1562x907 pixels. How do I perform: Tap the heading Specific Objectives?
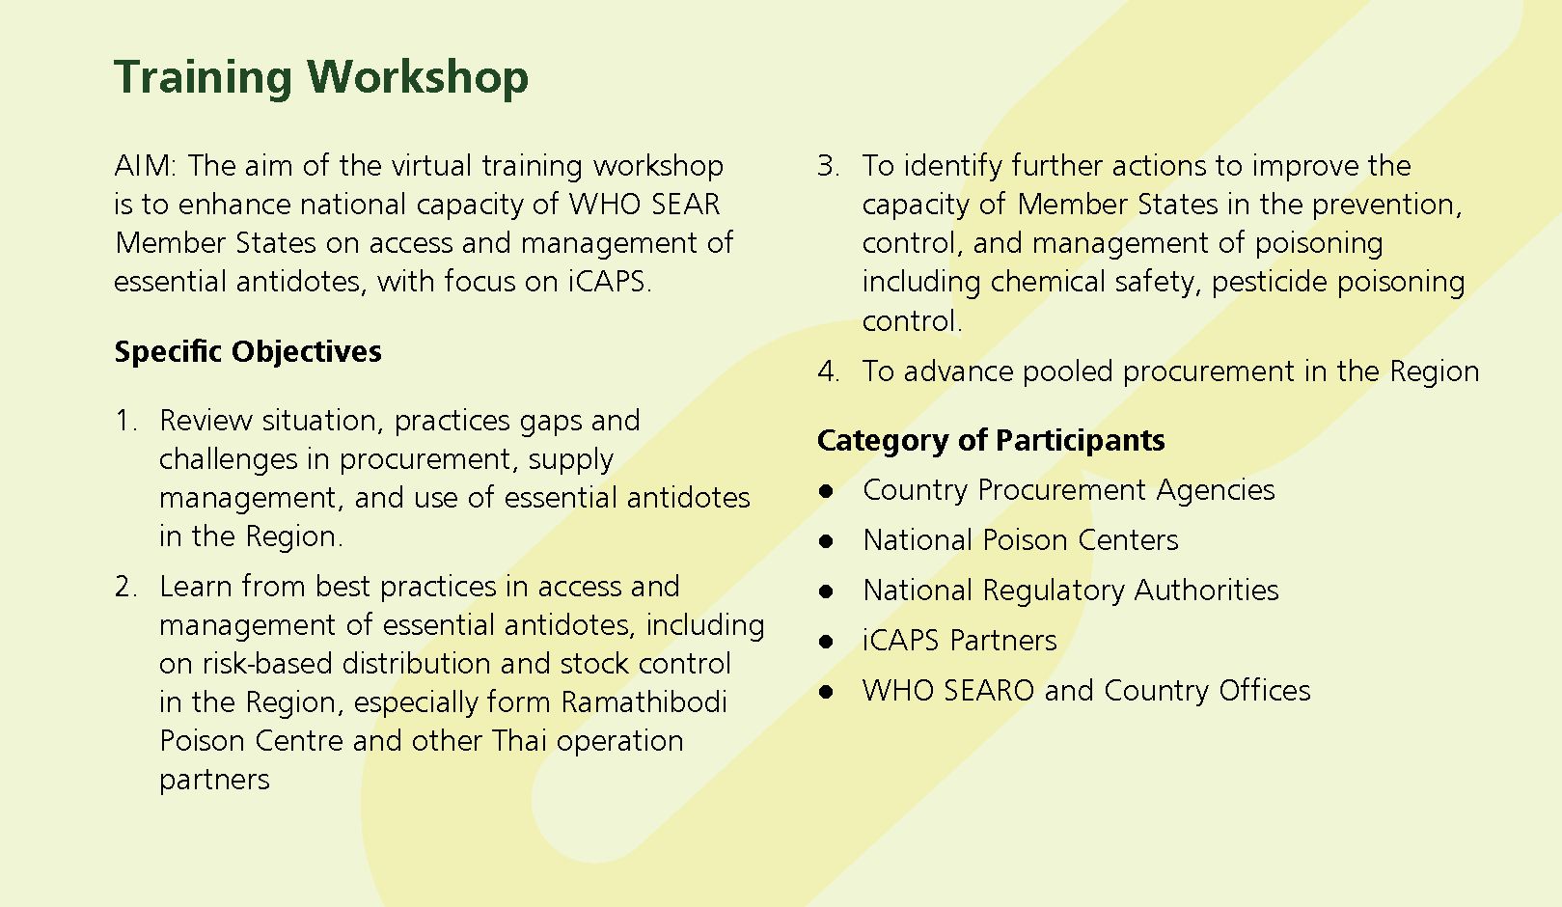point(248,352)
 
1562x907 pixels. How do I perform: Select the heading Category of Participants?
point(991,441)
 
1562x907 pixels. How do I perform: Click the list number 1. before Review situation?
point(126,421)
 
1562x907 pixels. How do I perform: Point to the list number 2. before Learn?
point(126,587)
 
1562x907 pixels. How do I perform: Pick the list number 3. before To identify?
point(829,166)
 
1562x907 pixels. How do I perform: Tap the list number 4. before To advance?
point(829,371)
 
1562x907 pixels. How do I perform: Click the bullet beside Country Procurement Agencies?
point(826,491)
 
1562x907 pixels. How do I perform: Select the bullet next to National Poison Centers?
point(826,541)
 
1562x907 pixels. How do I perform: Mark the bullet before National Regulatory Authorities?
point(826,591)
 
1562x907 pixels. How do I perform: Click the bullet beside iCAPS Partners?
point(826,642)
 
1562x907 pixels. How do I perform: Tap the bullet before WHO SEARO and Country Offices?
point(826,692)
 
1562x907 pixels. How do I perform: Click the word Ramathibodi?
point(644,702)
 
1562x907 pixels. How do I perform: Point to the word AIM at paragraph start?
point(145,166)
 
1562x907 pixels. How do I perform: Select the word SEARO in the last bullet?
point(988,691)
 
